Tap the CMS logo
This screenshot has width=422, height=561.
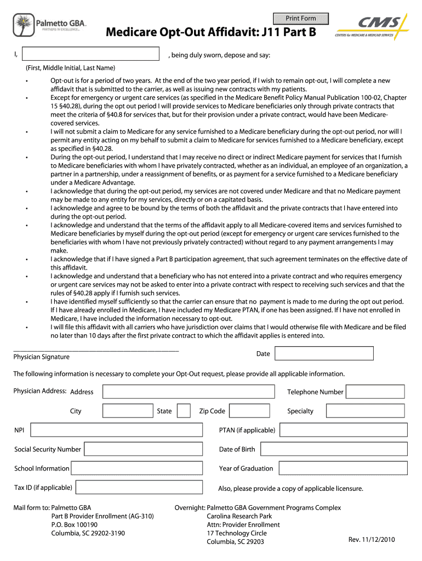click(x=373, y=27)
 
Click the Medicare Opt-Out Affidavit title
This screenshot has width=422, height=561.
click(x=211, y=34)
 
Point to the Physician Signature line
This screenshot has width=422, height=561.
click(x=96, y=350)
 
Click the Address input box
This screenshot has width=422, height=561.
click(x=189, y=392)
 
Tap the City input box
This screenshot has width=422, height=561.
click(x=128, y=411)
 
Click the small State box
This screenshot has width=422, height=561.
click(x=184, y=411)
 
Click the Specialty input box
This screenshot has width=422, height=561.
click(x=366, y=411)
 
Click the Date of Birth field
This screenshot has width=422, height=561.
click(x=334, y=449)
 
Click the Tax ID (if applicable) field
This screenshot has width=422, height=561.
click(x=142, y=488)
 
